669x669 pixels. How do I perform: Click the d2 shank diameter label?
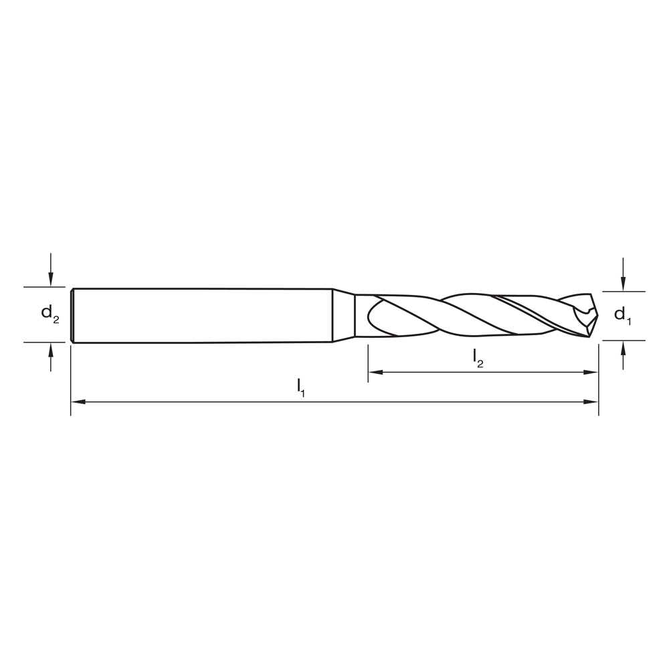(50, 313)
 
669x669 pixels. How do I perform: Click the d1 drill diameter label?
(622, 314)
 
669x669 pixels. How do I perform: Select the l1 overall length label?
(301, 387)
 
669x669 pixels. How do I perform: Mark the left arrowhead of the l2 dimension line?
(375, 372)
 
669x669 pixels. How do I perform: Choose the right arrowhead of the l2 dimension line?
(591, 372)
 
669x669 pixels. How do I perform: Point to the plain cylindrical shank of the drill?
(201, 315)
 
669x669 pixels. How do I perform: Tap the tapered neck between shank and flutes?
(343, 315)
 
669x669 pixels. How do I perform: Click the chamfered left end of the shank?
(72, 315)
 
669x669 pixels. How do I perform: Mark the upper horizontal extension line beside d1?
(624, 292)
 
